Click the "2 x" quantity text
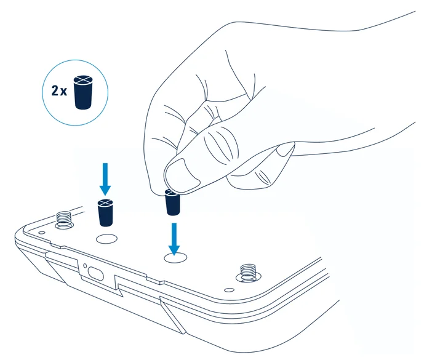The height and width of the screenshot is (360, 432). coord(58,90)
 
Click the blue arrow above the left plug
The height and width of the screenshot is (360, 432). coord(105,178)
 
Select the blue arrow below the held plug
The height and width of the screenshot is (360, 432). coord(175,237)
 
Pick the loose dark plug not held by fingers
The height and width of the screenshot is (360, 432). coord(106,213)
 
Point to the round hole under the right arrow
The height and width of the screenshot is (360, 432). coord(175,258)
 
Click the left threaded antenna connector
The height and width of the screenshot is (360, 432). coord(65,218)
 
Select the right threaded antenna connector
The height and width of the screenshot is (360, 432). coord(247,271)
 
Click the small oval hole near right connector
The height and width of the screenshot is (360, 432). coord(229,288)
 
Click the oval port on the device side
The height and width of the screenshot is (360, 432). coord(95,272)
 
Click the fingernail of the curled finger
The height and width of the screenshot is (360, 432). coord(285,149)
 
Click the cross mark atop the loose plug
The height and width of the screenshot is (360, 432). coord(106,203)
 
